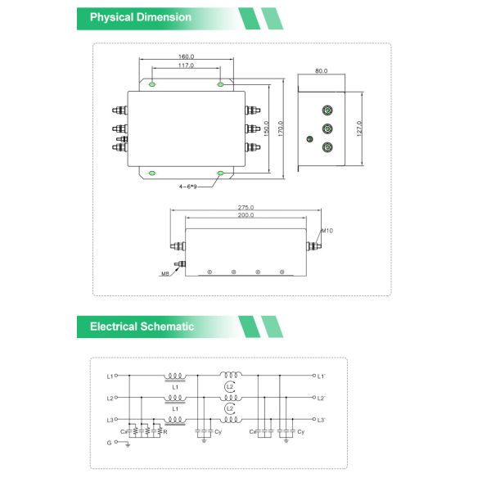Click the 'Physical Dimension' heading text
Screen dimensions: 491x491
141,17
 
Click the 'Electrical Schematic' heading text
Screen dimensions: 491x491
142,327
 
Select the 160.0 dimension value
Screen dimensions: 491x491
186,57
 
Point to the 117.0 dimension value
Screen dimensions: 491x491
186,65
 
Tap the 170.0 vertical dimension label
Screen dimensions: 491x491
281,128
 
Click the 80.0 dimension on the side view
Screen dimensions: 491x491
321,71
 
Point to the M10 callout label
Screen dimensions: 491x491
327,231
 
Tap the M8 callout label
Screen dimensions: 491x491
165,274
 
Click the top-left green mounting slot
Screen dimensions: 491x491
153,83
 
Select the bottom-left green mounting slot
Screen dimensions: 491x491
153,173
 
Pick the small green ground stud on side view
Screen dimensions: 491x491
309,139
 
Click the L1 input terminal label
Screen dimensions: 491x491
110,376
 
